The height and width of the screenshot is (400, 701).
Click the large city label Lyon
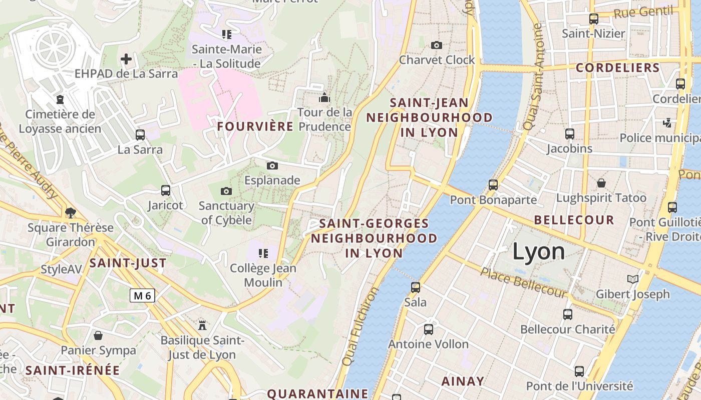[538, 251]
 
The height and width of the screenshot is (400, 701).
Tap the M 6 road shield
[142, 295]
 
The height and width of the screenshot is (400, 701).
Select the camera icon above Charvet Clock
[436, 45]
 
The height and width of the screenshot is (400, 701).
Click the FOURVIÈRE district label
[255, 126]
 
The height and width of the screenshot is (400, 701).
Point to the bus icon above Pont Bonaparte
[493, 185]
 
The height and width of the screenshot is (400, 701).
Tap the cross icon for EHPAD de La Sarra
[126, 59]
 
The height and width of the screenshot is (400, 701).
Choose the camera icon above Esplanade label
[272, 165]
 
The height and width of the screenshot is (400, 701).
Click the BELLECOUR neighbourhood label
[574, 220]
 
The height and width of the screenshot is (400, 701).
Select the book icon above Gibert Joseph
[633, 279]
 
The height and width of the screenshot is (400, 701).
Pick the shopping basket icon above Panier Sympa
[98, 335]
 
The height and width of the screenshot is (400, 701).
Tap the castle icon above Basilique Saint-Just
[202, 325]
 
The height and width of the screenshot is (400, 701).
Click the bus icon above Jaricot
[166, 190]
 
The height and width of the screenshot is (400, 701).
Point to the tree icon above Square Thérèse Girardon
[71, 212]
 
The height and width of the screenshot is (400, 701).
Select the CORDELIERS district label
[617, 67]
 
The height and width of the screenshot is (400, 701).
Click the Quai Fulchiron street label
[360, 326]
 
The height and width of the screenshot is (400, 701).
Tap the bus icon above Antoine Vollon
[429, 329]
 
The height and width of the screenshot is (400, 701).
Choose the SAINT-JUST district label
[128, 263]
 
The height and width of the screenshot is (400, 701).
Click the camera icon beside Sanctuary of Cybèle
[226, 191]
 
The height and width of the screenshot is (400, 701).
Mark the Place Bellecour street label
[524, 283]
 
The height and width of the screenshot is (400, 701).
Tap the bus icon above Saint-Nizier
[594, 19]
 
